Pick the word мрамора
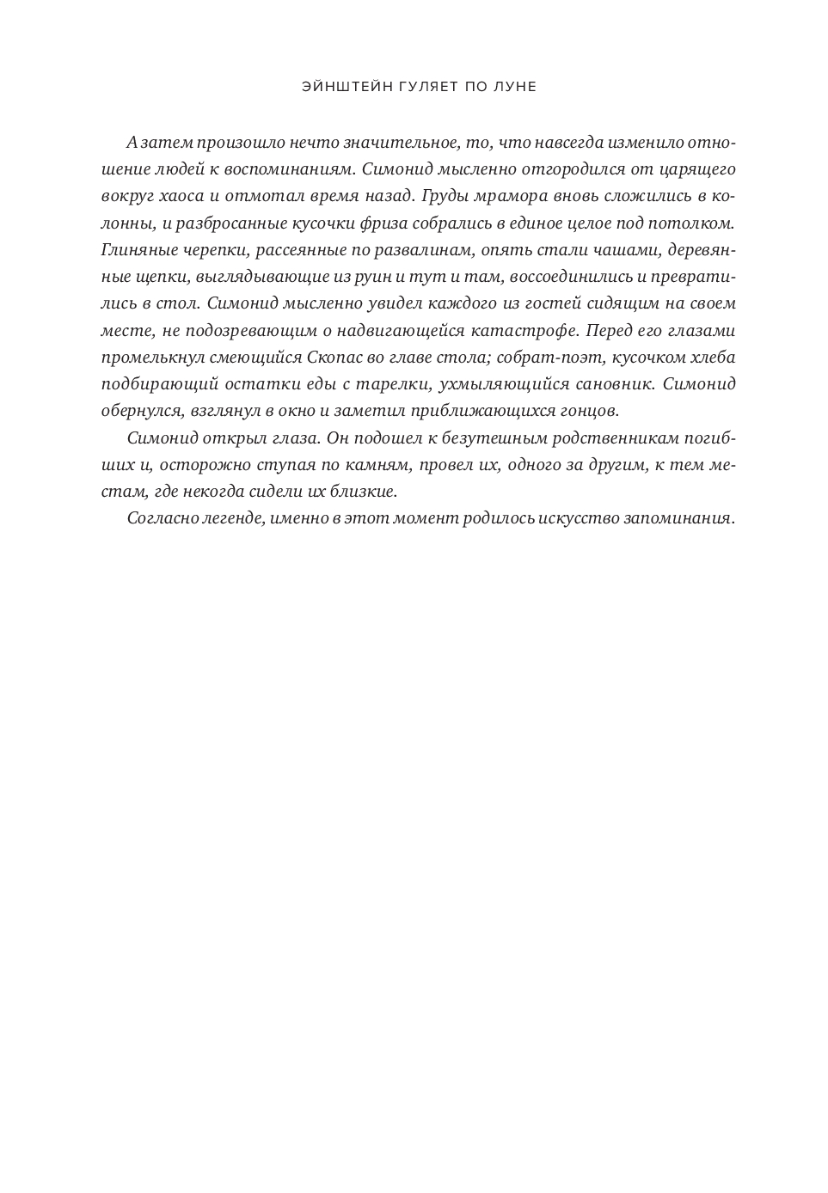pos(512,196)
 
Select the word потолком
pos(692,223)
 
